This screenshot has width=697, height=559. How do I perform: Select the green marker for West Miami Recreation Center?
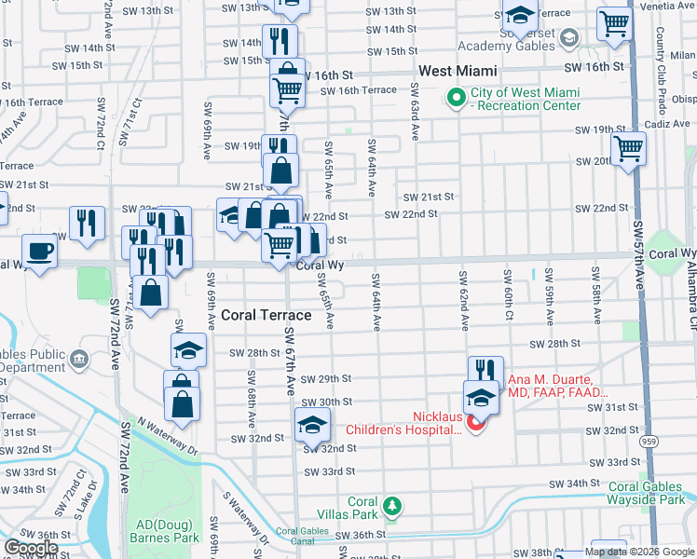coord(457,97)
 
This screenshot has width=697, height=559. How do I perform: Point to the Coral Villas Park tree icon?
coord(393,507)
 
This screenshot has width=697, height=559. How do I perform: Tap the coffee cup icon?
coord(40,252)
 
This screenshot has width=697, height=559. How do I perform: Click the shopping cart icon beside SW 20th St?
coord(629,147)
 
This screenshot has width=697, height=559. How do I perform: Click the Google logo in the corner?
coord(30,548)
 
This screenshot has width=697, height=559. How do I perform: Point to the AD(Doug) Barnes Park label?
coord(159,531)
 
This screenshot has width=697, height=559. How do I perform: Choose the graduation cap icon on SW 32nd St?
coord(312,426)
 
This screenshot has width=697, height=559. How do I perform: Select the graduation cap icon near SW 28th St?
coord(189,351)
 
